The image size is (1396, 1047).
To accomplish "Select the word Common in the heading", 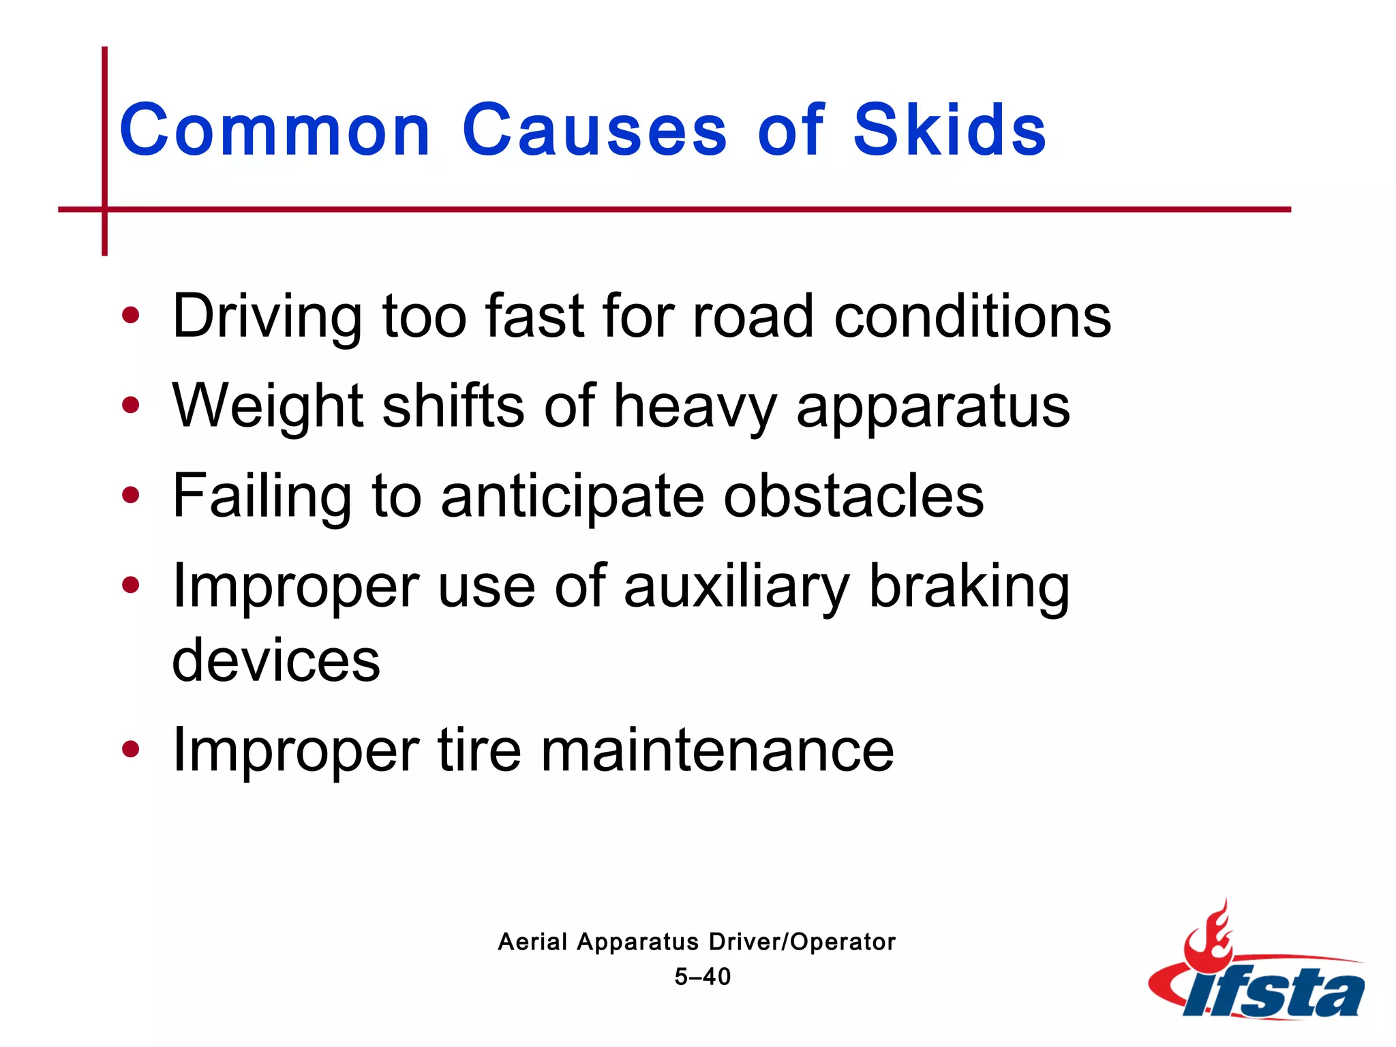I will click(275, 130).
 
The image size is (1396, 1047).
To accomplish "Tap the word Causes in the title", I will click(594, 130).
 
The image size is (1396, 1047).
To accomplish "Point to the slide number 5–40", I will click(702, 977).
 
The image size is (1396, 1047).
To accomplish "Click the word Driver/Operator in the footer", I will click(802, 942).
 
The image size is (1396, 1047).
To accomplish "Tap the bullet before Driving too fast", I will click(130, 316).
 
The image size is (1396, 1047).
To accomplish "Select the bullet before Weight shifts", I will click(130, 406).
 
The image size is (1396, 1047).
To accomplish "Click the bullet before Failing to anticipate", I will click(130, 496).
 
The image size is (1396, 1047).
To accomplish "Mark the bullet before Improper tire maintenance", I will click(130, 750).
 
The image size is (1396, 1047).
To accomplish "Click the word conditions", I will click(973, 316).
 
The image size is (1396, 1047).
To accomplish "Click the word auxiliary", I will click(737, 587).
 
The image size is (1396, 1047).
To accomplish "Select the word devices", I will click(276, 660).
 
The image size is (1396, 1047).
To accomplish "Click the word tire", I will click(479, 750).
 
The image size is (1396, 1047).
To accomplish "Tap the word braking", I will click(969, 587).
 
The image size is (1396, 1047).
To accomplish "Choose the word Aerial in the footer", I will click(532, 942).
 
